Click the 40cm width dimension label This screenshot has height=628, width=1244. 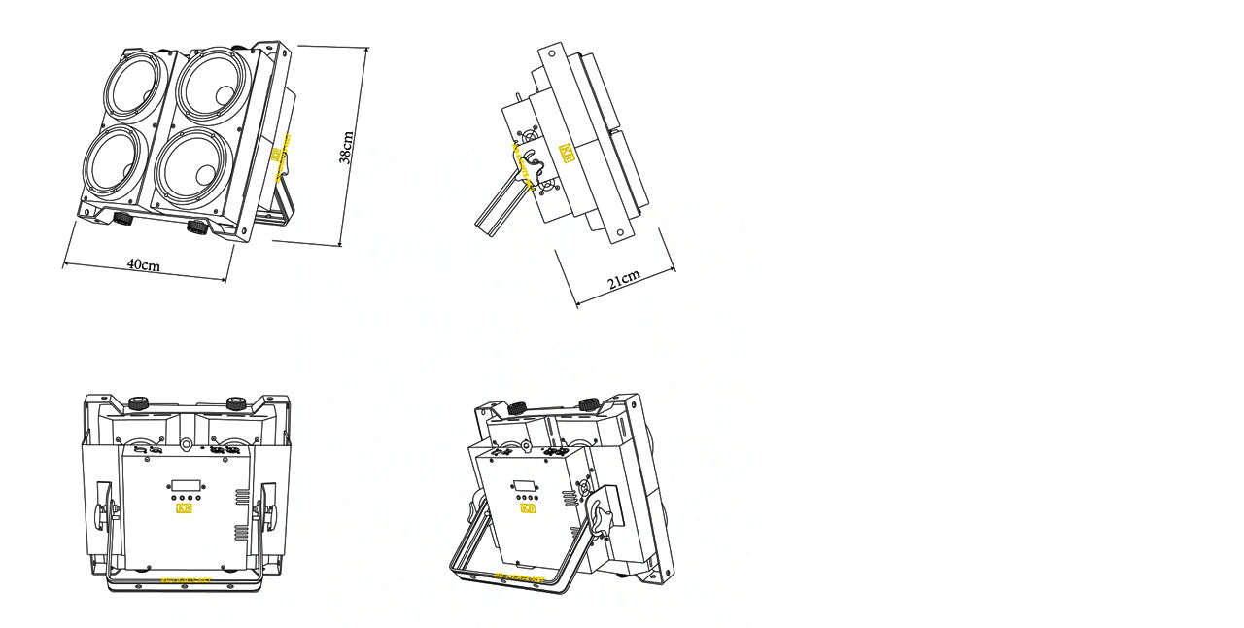coord(143,265)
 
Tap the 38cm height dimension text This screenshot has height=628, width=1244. coord(346,147)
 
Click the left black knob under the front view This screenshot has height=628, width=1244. coord(122,217)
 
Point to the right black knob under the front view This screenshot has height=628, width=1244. coord(197,227)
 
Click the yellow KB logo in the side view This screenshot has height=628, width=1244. coord(567,154)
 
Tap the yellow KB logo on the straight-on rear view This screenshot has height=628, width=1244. coord(184,506)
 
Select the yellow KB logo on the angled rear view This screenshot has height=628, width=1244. coord(528,507)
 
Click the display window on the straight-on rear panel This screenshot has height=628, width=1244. coord(185,483)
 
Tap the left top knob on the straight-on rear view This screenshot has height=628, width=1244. coord(139,401)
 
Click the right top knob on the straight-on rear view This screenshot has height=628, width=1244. coord(235,401)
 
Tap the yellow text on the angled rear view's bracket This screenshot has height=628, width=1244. coord(515,578)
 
